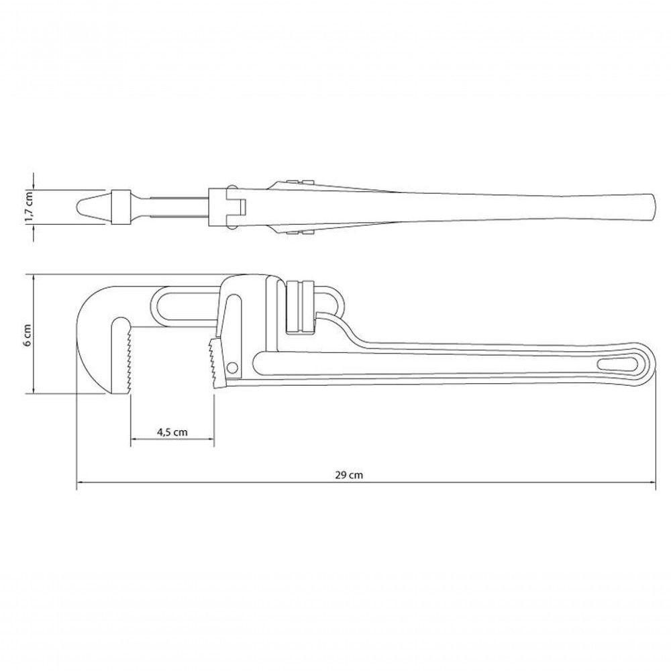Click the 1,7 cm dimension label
(28, 207)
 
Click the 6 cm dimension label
(28, 335)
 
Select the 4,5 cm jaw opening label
(172, 431)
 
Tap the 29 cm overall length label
(349, 475)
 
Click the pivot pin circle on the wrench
(233, 367)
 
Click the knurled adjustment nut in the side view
(300, 307)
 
